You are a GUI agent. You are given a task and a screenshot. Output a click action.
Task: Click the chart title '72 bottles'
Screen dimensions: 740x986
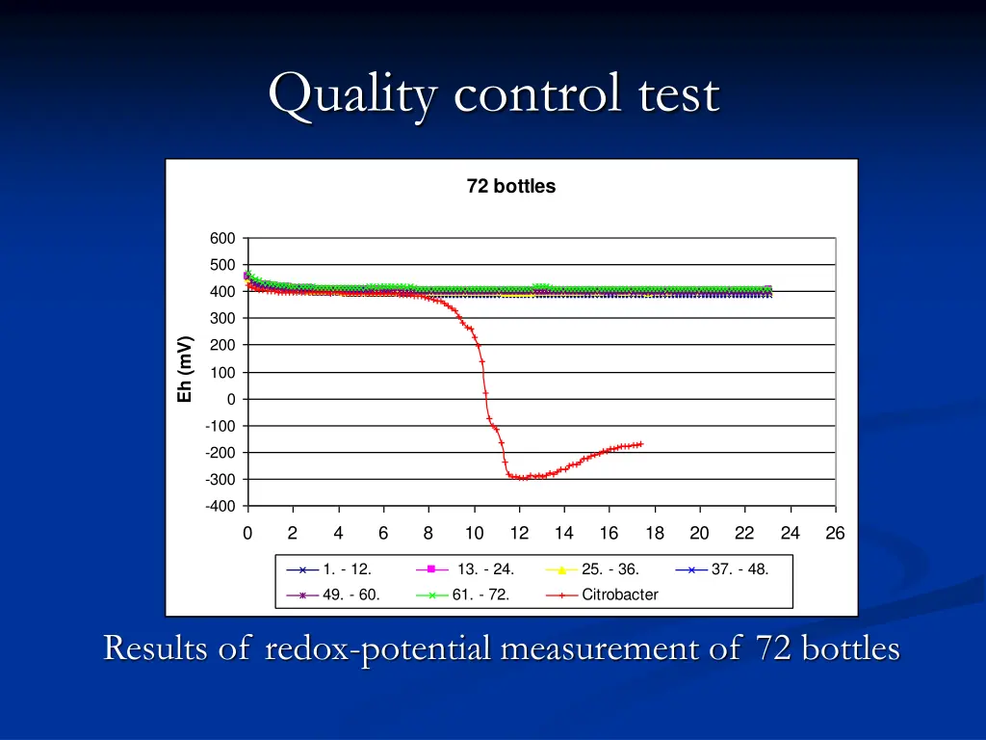point(510,187)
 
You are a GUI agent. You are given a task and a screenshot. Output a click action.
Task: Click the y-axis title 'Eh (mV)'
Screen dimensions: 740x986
point(186,369)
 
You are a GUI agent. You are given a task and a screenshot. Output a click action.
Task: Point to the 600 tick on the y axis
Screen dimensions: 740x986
point(221,239)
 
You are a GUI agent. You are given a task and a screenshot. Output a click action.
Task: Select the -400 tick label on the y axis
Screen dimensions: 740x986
point(219,507)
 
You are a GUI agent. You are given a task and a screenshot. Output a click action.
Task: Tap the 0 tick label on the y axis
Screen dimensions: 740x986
point(229,399)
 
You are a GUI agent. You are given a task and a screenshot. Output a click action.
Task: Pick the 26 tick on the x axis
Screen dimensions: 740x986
point(835,534)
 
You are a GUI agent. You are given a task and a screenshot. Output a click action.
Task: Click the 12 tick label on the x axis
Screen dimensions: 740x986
point(519,534)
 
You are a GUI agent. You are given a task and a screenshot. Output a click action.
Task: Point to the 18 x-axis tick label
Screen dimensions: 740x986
point(655,534)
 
